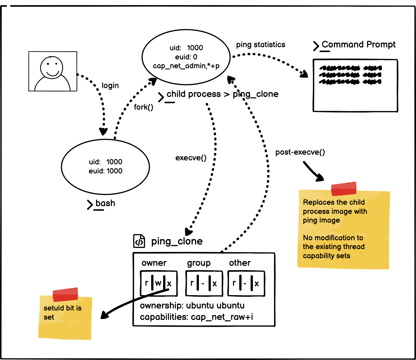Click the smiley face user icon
point(53,71)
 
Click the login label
point(110,86)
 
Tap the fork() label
point(143,107)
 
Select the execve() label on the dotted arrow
point(191,158)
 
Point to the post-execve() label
point(300,152)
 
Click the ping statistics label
point(261,45)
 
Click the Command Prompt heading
point(358,45)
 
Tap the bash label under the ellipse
point(105,203)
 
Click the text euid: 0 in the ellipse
point(186,57)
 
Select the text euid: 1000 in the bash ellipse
point(105,171)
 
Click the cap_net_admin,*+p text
point(186,66)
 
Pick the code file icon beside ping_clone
point(139,241)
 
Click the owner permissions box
point(159,283)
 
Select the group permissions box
point(204,283)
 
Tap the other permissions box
point(246,283)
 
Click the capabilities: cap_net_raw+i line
point(196,317)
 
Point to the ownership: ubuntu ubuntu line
point(192,305)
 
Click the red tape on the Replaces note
point(344,189)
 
